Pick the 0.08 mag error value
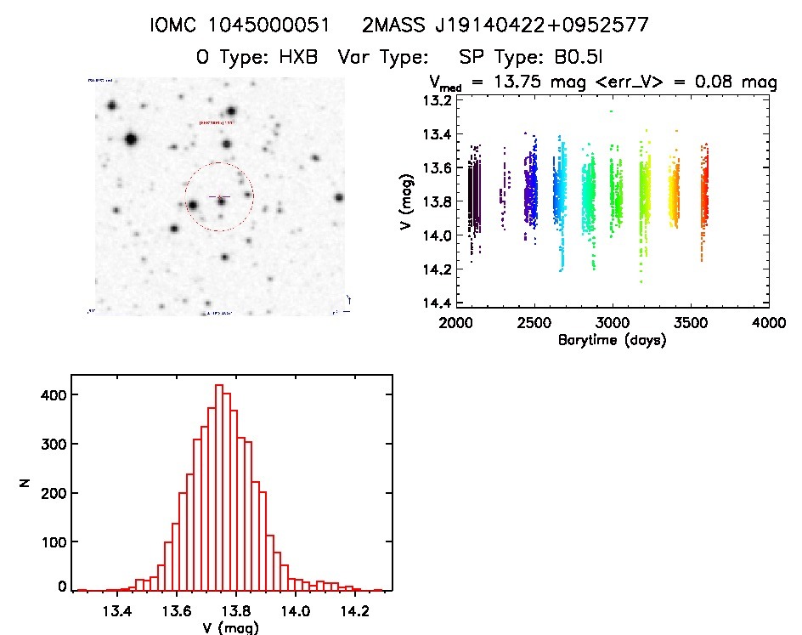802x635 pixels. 730,82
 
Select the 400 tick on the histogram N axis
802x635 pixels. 54,394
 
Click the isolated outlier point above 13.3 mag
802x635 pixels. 610,111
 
